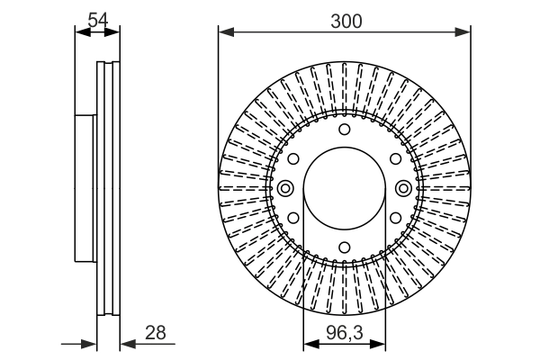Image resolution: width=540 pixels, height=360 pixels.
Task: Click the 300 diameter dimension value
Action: point(344,21)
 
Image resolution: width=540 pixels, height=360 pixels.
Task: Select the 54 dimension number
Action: point(99,19)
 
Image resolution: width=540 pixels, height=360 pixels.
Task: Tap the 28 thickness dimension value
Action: point(156,332)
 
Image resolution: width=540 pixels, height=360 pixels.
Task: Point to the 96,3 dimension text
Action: point(344,332)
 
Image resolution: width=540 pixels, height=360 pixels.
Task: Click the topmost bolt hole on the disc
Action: point(344,130)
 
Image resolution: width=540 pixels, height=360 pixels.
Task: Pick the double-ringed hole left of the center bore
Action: point(286,188)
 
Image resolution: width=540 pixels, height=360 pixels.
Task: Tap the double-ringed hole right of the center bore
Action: point(402,188)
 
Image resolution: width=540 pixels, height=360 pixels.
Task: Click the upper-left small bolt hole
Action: point(293,158)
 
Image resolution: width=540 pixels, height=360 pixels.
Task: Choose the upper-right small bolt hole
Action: point(394,158)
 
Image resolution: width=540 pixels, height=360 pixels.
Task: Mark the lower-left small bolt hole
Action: point(293,218)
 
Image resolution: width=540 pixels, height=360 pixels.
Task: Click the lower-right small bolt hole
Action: point(394,218)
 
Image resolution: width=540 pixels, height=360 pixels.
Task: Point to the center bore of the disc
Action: point(344,188)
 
